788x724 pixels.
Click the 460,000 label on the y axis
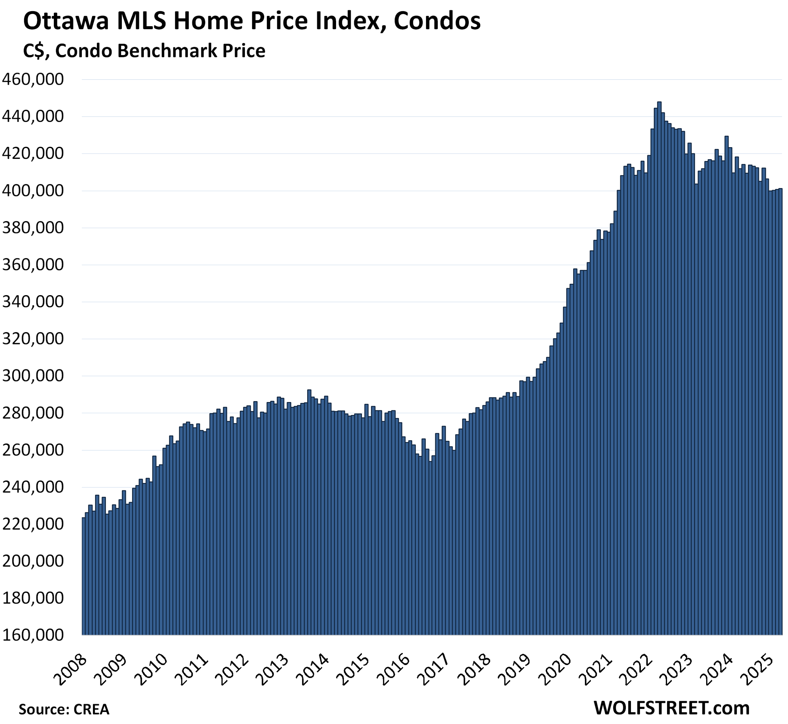pos(33,79)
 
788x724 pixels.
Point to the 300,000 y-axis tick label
pos(33,376)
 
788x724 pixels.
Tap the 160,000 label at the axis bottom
pos(33,635)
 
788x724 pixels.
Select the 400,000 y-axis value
pos(33,191)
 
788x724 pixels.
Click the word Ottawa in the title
pos(66,22)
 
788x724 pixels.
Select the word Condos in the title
pos(437,22)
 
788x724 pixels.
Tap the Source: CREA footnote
pos(64,710)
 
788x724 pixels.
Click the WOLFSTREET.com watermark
pos(672,708)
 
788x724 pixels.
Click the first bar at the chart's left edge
pos(83,576)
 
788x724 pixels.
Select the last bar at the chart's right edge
pos(780,411)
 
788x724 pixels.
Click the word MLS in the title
pos(142,22)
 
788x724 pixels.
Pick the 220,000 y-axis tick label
pos(33,524)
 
